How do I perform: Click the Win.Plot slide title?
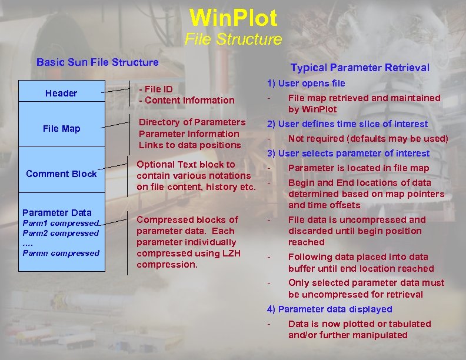point(233,18)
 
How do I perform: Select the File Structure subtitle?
point(233,40)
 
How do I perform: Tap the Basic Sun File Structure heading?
point(98,62)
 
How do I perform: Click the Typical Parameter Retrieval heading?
point(360,68)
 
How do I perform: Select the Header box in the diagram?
point(61,93)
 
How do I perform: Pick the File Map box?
point(61,128)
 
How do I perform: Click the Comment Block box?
point(61,174)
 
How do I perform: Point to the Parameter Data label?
point(57,212)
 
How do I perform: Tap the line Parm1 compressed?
point(61,223)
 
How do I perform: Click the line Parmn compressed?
point(61,253)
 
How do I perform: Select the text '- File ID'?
point(155,89)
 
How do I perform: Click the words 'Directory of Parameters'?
point(192,122)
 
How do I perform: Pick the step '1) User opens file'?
point(306,84)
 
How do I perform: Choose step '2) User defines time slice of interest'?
point(347,124)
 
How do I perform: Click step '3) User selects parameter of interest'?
point(348,154)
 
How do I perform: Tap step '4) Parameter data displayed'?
point(329,309)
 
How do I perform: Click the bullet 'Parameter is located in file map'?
point(358,168)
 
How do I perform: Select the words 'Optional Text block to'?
point(186,165)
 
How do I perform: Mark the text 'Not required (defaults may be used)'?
point(368,139)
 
